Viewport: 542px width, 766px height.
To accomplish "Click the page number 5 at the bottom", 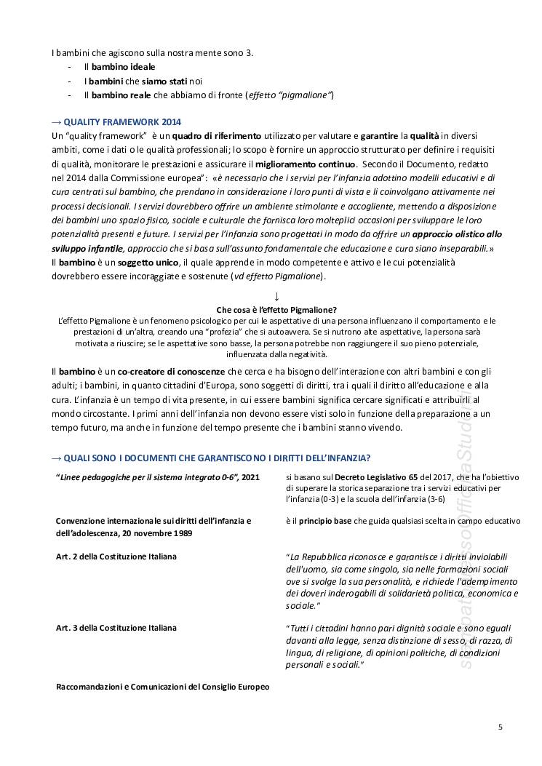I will coord(501,726).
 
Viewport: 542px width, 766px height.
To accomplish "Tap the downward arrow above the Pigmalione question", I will coord(276,296).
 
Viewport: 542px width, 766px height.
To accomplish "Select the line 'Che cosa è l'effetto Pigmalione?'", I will coord(276,309).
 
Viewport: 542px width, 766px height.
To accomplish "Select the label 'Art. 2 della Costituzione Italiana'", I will coord(116,556).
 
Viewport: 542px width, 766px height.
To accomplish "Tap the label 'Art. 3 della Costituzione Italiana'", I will coord(116,627).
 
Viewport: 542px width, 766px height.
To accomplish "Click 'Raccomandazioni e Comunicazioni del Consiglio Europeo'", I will coord(162,687).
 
